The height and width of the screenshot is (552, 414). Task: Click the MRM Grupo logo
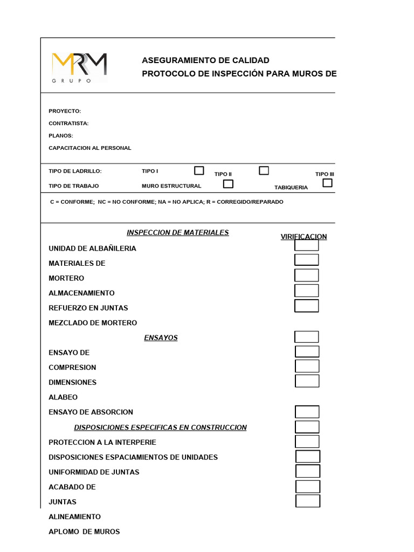click(x=79, y=67)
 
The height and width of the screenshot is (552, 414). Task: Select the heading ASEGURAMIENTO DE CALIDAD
click(x=205, y=60)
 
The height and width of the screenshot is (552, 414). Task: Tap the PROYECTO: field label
click(x=65, y=111)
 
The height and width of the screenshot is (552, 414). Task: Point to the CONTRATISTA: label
click(x=68, y=123)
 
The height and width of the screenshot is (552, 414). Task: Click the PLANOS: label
click(x=60, y=136)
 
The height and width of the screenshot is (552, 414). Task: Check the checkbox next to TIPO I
click(x=199, y=170)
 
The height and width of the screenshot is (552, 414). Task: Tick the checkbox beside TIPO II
click(x=264, y=170)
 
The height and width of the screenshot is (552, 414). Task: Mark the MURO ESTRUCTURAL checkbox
click(x=229, y=184)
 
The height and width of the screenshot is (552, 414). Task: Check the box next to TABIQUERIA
click(x=327, y=183)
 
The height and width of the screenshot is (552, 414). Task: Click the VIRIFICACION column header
click(x=303, y=237)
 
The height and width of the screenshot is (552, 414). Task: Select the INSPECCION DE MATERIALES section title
click(x=177, y=232)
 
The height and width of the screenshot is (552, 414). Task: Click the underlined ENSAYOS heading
click(x=161, y=338)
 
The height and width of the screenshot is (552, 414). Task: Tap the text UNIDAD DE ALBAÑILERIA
click(x=92, y=249)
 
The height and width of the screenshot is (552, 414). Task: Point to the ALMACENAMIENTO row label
click(x=81, y=293)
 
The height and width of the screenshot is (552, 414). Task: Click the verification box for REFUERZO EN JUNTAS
click(x=306, y=306)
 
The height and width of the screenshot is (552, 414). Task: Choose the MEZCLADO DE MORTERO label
click(x=93, y=323)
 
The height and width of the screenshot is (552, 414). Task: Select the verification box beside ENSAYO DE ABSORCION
click(x=307, y=412)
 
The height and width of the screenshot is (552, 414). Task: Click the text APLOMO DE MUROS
click(x=84, y=532)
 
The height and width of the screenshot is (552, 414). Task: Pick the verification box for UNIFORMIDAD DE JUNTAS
click(x=308, y=471)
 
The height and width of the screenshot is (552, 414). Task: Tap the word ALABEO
click(x=63, y=397)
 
